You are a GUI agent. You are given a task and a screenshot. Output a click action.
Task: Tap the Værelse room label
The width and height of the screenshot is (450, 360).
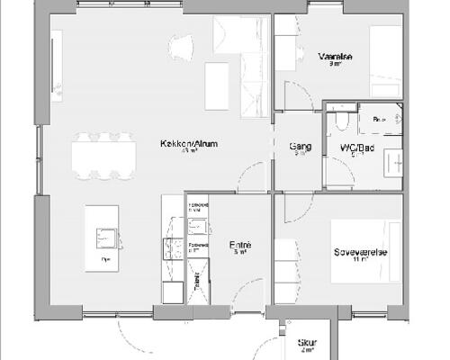(x=336, y=56)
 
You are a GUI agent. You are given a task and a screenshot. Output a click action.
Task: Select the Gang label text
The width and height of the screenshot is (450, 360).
(x=301, y=146)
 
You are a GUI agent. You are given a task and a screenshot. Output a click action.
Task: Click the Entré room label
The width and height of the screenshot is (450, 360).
(x=240, y=245)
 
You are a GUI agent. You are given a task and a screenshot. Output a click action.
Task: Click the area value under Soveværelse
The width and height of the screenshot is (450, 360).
(x=359, y=260)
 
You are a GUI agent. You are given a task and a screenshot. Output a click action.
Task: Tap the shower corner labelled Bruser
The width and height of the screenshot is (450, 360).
(x=379, y=118)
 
